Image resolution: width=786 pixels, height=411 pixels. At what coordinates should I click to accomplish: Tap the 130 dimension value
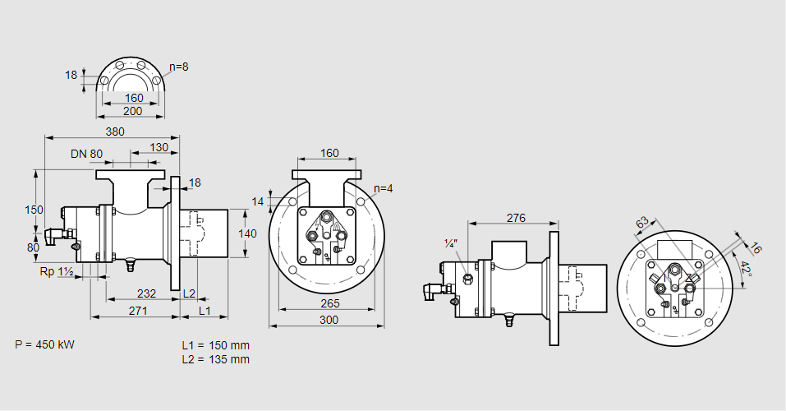coord(160,148)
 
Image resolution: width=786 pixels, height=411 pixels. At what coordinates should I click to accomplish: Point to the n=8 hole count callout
coord(179,67)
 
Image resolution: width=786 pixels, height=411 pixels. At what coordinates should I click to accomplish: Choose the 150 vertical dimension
coord(33,210)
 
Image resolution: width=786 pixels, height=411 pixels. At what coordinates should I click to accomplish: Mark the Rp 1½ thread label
coord(57,271)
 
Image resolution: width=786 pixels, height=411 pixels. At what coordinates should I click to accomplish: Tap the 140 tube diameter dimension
coord(247,233)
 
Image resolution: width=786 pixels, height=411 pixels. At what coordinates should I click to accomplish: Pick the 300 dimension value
coord(329,319)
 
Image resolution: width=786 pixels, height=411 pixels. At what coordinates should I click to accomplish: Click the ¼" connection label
coord(450,243)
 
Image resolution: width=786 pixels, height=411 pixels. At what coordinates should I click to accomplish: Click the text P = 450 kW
coord(44,344)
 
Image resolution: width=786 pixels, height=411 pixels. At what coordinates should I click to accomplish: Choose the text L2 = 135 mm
coord(215,359)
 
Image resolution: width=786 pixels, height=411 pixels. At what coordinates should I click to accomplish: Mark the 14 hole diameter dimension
coord(259,201)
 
